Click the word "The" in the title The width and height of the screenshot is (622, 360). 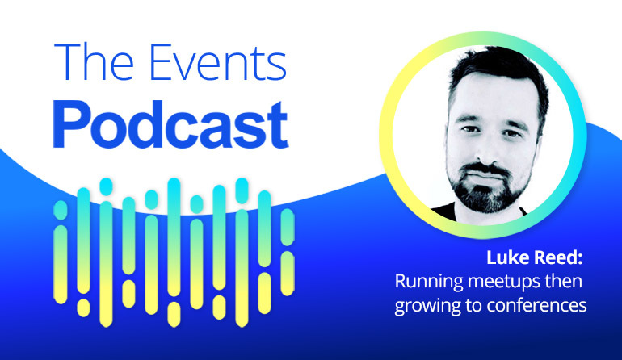[94, 62]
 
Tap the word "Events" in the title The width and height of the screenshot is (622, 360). [218, 63]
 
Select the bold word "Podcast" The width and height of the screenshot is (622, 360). [171, 124]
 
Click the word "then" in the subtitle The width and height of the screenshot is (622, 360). [564, 282]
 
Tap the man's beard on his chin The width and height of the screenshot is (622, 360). [488, 199]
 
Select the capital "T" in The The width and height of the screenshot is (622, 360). [66, 62]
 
